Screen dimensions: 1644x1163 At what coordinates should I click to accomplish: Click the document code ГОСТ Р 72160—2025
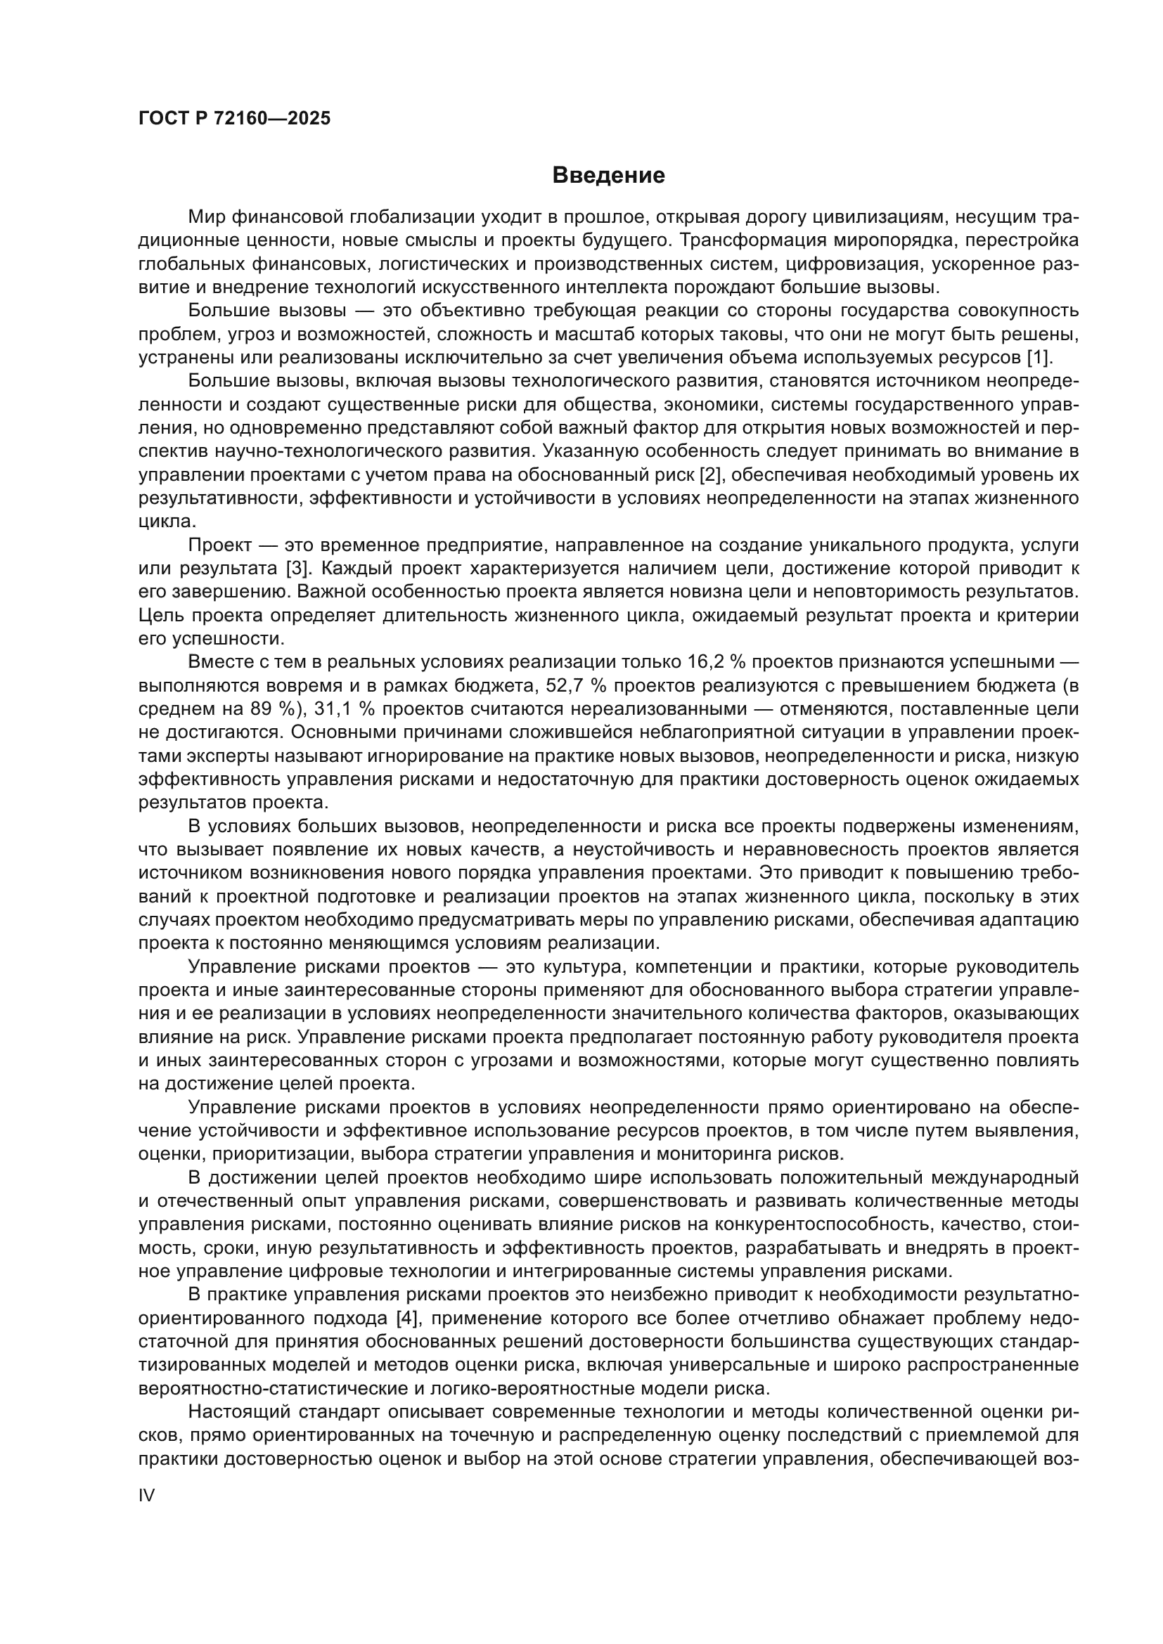click(x=234, y=118)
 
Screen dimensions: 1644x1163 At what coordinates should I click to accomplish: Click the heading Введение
click(x=609, y=176)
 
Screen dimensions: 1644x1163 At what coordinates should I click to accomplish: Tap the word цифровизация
click(x=848, y=264)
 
